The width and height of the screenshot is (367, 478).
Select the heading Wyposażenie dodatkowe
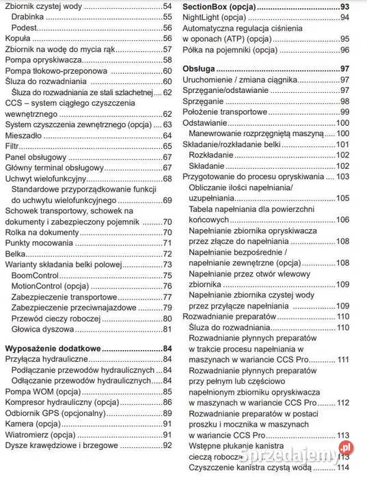(52, 348)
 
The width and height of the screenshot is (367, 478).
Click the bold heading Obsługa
(199, 68)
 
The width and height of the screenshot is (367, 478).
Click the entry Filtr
(13, 146)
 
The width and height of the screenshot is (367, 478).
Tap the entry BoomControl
(36, 276)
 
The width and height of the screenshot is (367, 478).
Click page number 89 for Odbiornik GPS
(167, 413)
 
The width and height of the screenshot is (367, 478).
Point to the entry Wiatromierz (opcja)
(40, 434)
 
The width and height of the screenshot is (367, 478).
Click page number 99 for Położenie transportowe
(344, 111)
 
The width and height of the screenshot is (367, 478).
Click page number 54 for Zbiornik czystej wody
(167, 6)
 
